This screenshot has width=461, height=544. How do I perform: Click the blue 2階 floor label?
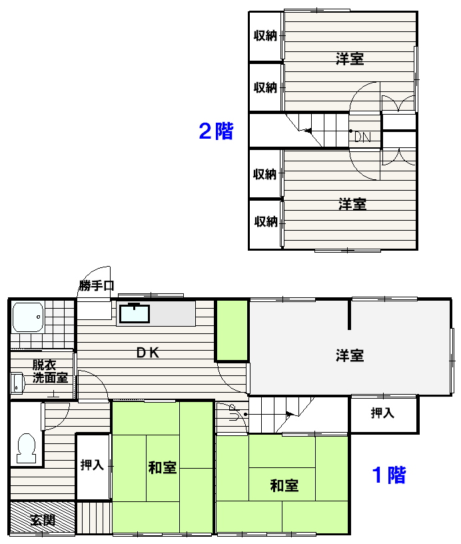[x=216, y=131]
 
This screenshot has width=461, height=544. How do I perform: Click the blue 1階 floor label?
[x=388, y=475]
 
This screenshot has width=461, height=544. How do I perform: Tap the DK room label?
[x=148, y=353]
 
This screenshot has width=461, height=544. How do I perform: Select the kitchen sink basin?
[x=135, y=313]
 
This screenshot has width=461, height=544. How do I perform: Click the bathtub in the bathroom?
[x=28, y=317]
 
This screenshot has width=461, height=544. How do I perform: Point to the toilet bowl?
[x=27, y=448]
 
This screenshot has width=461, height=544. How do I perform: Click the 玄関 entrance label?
[x=43, y=520]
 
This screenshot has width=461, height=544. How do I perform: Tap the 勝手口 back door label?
[x=97, y=285]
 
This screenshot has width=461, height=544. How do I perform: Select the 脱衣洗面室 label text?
[x=50, y=371]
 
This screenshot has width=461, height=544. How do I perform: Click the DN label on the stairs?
[x=362, y=137]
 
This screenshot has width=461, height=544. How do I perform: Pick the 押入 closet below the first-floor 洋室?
[x=383, y=414]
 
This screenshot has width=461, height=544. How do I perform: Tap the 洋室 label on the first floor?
[x=350, y=356]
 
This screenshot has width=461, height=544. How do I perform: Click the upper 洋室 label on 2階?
[x=350, y=59]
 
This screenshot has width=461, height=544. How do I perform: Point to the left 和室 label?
[x=163, y=468]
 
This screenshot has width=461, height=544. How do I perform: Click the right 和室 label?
[x=284, y=486]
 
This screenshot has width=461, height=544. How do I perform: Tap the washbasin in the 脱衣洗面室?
[x=17, y=383]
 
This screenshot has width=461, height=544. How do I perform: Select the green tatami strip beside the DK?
[x=232, y=331]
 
